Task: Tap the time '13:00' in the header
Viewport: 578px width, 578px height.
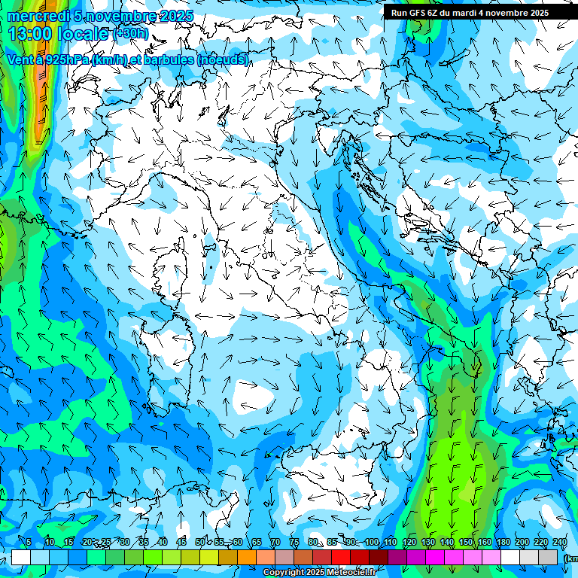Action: point(30,33)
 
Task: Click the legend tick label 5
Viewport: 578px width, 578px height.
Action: point(29,542)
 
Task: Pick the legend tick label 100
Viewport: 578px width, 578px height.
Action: point(372,542)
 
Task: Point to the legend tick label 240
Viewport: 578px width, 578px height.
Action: point(560,542)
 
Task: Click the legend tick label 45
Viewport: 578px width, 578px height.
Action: point(181,542)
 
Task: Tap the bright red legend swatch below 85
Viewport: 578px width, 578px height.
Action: point(342,557)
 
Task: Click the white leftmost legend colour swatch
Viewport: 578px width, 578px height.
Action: point(21,557)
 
